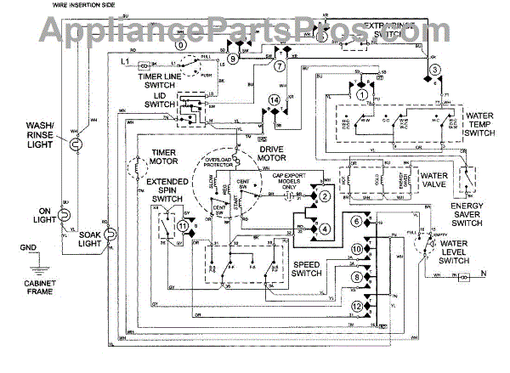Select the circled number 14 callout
(273, 101)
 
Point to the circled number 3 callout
(435, 70)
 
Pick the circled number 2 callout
(325, 196)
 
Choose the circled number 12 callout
(358, 305)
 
